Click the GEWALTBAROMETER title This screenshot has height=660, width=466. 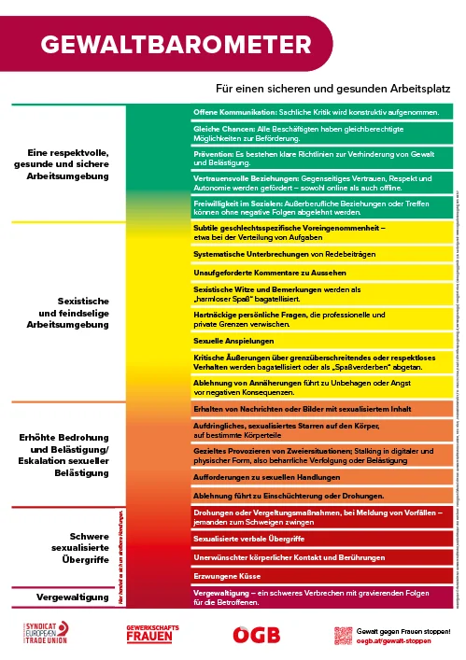coord(177,44)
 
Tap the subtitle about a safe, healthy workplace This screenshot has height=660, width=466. coord(333,89)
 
